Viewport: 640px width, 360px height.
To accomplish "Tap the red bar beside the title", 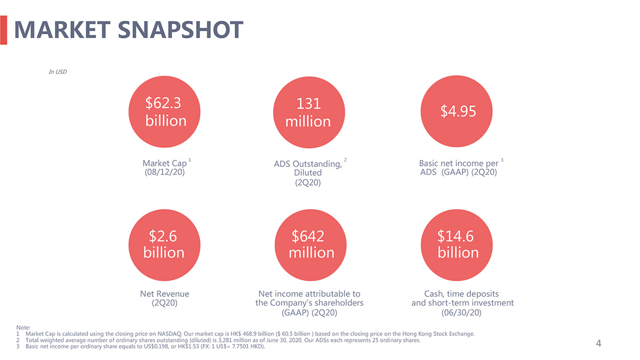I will tap(3, 30).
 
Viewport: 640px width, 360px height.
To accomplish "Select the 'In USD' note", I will tap(58, 72).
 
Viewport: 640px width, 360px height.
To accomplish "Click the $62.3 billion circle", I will tap(165, 111).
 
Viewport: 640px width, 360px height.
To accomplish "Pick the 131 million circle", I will tap(308, 112).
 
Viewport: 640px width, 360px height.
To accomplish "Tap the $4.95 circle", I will tap(457, 111).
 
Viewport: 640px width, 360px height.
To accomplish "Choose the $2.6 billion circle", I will tap(164, 244).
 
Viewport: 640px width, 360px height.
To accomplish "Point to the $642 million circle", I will tap(311, 244).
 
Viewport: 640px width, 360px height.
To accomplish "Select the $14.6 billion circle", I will tap(457, 244).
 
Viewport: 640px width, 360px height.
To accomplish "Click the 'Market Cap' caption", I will tap(164, 163).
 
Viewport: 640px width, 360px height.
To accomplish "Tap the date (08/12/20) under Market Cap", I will tap(165, 173).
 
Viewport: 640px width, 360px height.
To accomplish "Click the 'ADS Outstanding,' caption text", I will tap(308, 164).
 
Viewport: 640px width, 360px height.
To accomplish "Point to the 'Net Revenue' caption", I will tap(165, 294).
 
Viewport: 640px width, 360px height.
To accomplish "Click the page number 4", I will tap(598, 343).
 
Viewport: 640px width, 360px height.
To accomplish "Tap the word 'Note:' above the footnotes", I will tap(23, 327).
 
